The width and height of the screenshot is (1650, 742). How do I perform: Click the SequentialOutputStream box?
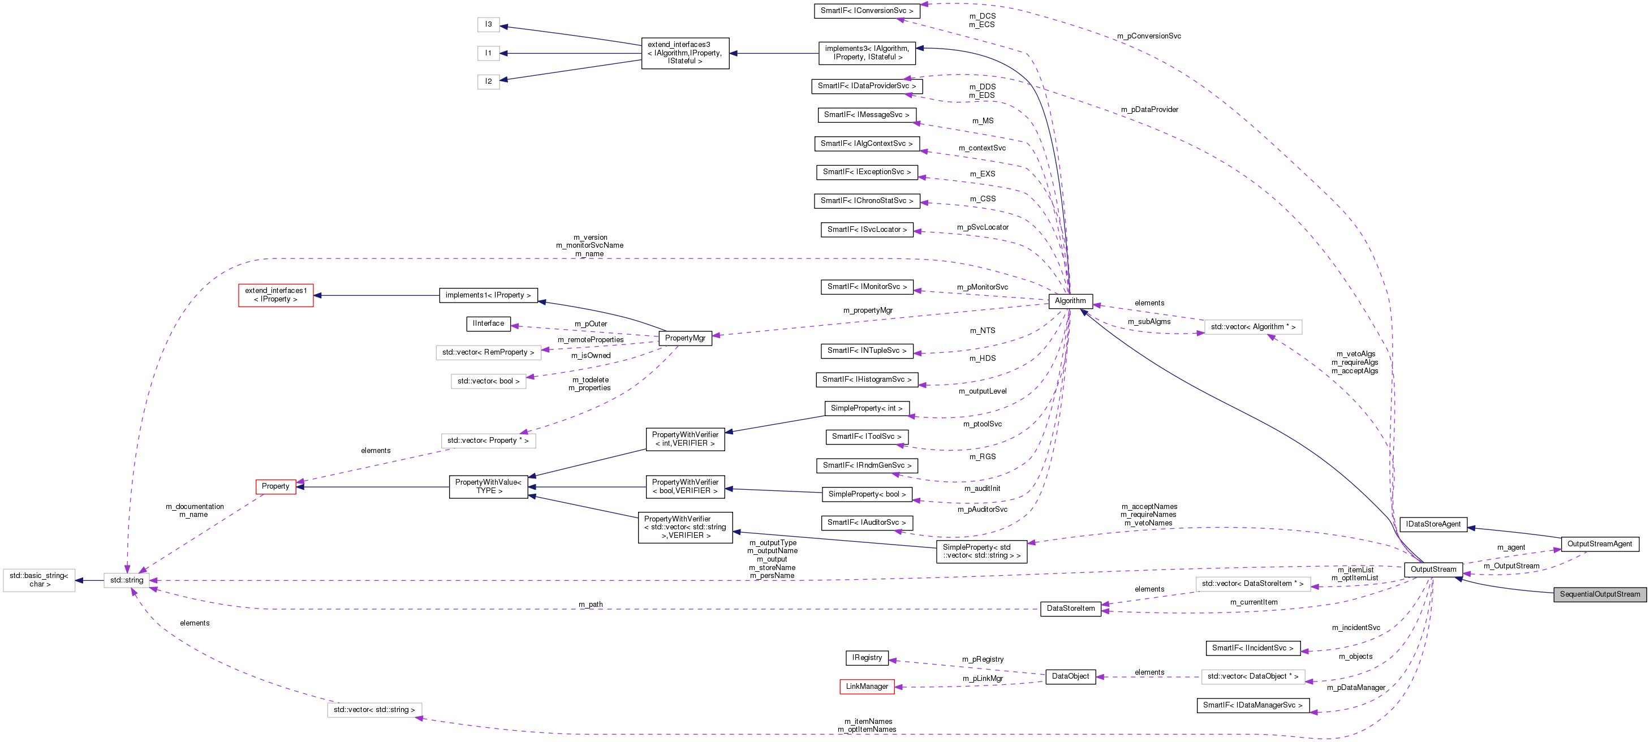[1600, 594]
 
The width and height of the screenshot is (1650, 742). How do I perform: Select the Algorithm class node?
[1070, 301]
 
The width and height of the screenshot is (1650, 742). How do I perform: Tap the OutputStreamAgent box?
[1600, 544]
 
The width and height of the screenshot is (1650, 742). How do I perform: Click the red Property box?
[275, 486]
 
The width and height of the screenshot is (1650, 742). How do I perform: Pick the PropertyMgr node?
[685, 338]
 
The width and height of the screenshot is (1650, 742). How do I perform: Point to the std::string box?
[127, 581]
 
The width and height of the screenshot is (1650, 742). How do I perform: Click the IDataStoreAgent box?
[1433, 524]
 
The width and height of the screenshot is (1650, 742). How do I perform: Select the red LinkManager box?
[867, 687]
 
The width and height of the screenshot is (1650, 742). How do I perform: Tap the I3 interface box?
[488, 24]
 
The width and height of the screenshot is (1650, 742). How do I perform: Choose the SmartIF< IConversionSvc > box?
[867, 11]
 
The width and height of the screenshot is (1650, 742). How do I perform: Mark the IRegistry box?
[867, 658]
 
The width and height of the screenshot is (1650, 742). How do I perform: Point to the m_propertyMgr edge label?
[867, 310]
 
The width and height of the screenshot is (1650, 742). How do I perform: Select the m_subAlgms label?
[1148, 322]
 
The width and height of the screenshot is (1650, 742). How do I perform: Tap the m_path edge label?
[590, 605]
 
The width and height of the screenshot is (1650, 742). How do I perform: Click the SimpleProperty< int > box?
[866, 408]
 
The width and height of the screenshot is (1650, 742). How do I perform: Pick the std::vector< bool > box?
[488, 382]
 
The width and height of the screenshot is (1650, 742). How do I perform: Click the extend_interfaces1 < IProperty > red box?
[275, 295]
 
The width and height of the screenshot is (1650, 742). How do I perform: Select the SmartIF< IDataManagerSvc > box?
[1252, 705]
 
